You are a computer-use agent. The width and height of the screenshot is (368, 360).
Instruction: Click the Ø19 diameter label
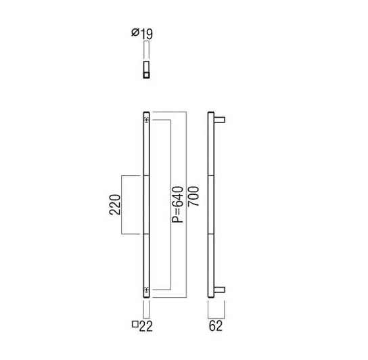tap(142, 34)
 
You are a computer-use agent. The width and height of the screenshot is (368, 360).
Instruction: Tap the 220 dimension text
tap(115, 204)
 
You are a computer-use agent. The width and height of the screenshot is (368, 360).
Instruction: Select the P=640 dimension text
tap(177, 204)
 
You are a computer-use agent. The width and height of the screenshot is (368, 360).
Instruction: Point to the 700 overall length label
tap(193, 196)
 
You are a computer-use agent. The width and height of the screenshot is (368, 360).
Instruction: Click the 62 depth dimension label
tap(215, 326)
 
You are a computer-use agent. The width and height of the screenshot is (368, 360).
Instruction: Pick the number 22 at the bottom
tap(145, 326)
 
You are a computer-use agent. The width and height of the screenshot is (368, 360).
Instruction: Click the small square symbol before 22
tap(135, 324)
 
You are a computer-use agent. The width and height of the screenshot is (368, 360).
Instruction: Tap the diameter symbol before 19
tap(135, 32)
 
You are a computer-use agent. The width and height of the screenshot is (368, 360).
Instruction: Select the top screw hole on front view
tap(146, 120)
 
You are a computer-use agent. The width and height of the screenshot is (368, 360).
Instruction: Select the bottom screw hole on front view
tap(146, 290)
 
